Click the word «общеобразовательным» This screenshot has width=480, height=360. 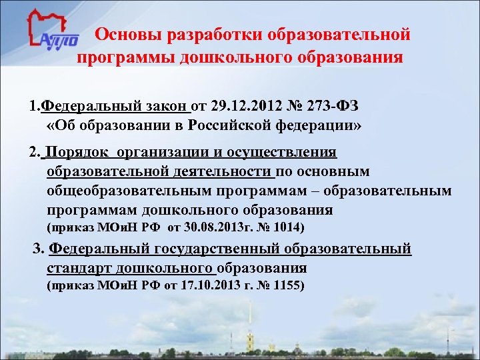[127, 191]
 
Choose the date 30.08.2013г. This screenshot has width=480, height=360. [215, 228]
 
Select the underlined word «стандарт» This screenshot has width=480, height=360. [79, 269]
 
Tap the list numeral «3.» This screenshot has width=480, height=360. [39, 250]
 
